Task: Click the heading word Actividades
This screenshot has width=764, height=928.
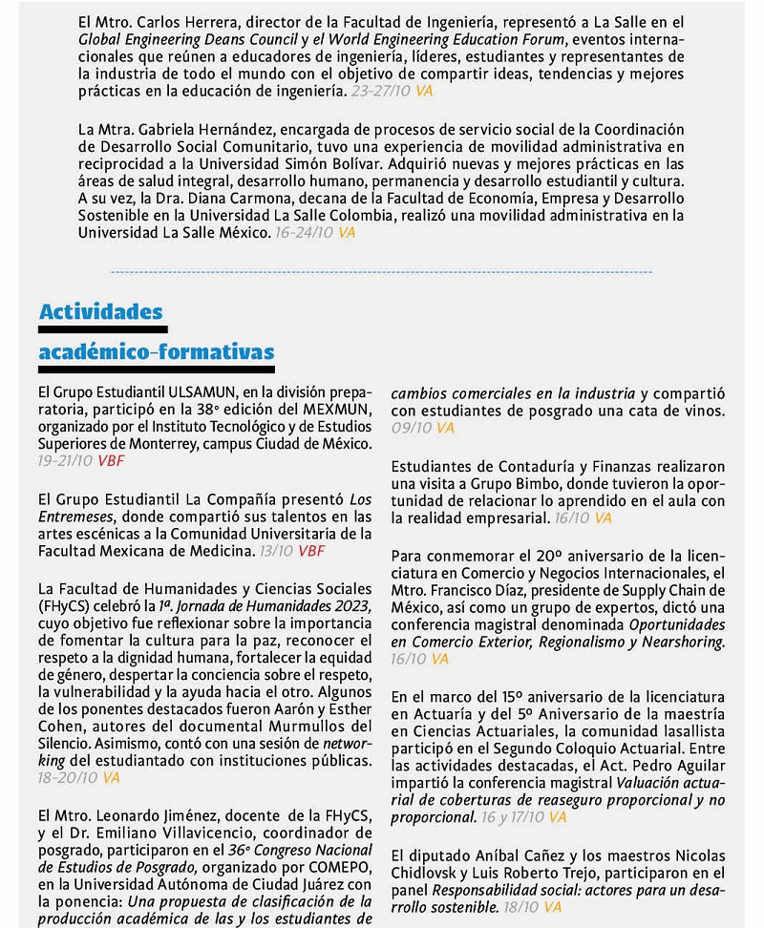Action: tap(100, 312)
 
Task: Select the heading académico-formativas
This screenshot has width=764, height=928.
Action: tap(157, 352)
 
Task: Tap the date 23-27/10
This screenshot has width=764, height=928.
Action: tap(380, 91)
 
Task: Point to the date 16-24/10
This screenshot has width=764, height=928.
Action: tap(303, 231)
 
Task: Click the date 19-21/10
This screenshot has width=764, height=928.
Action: tap(65, 460)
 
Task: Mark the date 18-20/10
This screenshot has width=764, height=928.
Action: tap(65, 778)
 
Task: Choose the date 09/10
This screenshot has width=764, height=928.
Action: tap(411, 428)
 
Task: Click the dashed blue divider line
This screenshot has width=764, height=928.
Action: tap(382, 271)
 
